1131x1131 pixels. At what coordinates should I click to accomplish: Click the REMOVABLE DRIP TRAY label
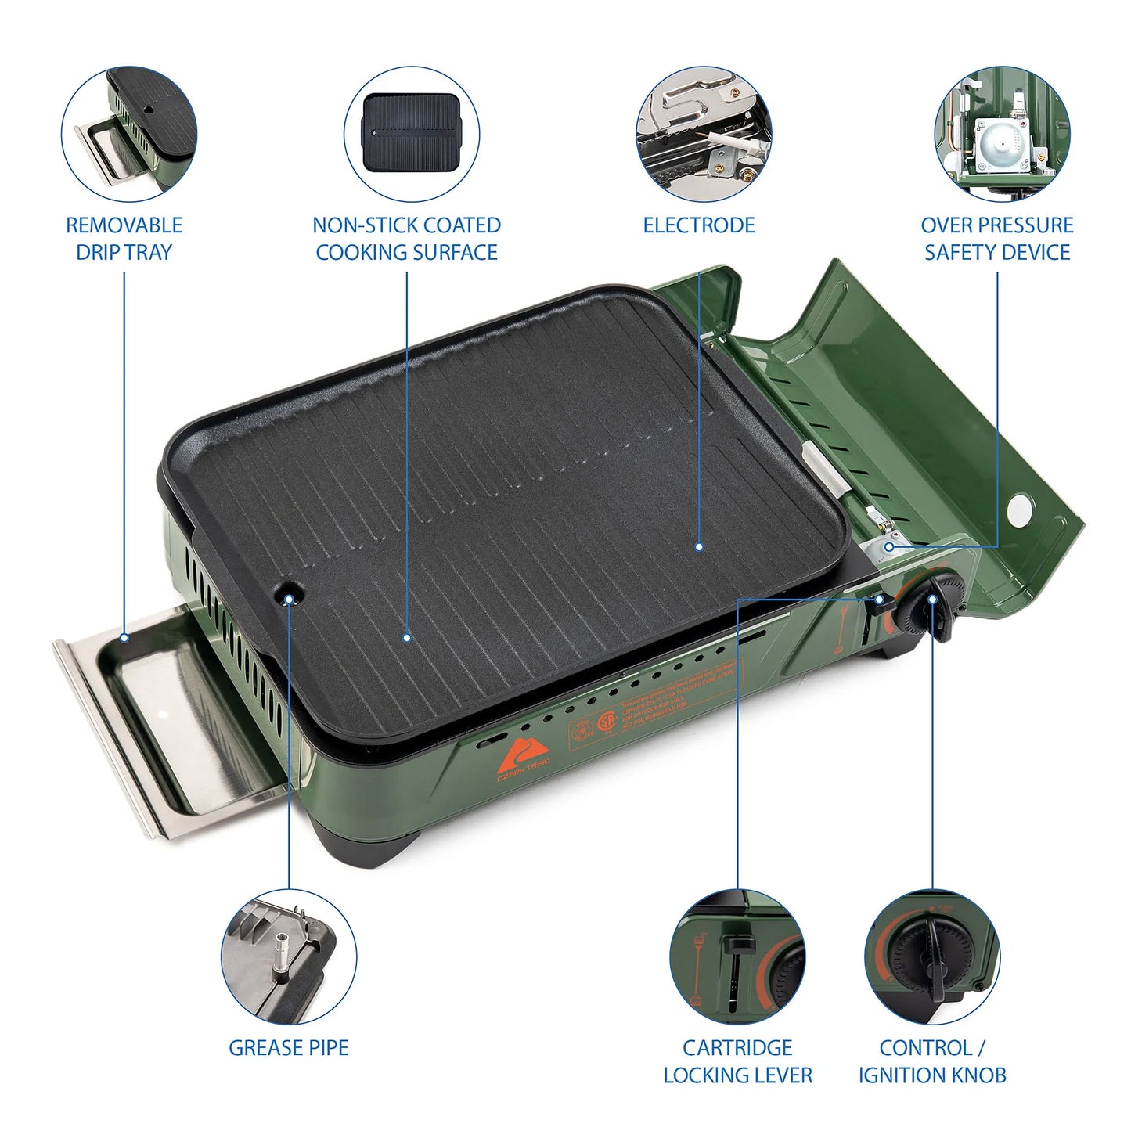tap(124, 239)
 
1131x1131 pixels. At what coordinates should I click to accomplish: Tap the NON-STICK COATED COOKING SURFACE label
tap(406, 239)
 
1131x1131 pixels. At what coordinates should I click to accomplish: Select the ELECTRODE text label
tap(698, 225)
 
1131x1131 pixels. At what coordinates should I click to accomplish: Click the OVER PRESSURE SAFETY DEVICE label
tap(996, 239)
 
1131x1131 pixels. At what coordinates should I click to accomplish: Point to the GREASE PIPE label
tap(288, 1047)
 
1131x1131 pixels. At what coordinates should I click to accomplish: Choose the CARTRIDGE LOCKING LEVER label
tap(737, 1061)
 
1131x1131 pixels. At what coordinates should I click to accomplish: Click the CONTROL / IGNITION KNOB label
tap(931, 1061)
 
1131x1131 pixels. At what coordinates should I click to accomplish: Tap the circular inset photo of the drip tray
tap(129, 133)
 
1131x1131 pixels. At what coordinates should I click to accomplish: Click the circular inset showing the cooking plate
tap(412, 133)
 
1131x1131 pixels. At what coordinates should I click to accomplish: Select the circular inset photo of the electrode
tap(703, 133)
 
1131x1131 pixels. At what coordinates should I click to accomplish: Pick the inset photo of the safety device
tap(1002, 133)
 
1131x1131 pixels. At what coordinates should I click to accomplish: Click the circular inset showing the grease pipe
tap(288, 957)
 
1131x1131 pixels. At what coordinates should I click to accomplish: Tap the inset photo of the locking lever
tap(737, 957)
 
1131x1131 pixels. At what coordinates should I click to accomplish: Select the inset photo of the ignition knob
tap(931, 957)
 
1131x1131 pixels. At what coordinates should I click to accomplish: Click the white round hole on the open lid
tap(1021, 510)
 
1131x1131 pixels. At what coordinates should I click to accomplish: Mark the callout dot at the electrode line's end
tap(698, 547)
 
